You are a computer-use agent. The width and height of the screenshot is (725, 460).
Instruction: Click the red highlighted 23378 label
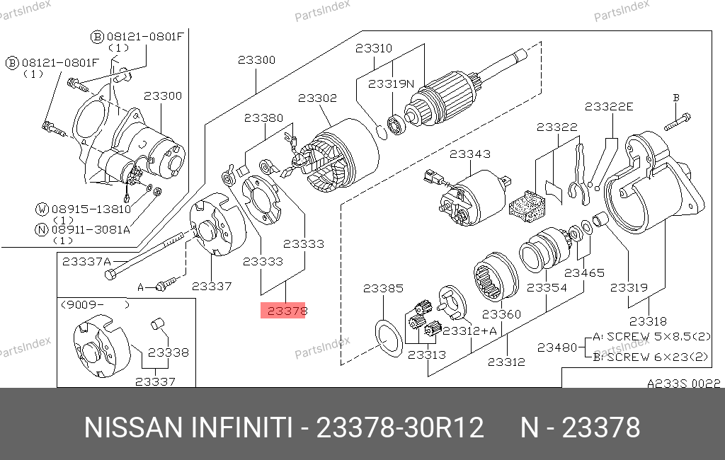point(283,310)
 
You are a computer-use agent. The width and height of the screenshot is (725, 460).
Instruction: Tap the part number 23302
point(317,98)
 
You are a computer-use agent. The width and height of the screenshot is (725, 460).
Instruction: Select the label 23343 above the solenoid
point(469,154)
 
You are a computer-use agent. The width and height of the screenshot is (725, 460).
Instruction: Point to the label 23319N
point(391,84)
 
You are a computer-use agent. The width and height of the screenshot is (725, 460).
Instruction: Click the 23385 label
point(383,289)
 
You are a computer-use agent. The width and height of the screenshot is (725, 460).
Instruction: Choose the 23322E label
point(609,106)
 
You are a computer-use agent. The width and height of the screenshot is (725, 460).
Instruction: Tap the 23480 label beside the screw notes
point(557,347)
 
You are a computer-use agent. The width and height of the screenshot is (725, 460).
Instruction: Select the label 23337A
point(86,261)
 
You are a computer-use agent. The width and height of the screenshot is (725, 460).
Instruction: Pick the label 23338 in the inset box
point(168,352)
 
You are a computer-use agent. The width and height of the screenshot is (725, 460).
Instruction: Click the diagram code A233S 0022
point(684,384)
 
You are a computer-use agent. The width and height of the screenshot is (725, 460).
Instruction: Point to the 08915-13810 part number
point(89,209)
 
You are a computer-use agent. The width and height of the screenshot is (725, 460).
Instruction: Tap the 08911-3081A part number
point(89,229)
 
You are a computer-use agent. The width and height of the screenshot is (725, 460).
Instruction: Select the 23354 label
point(547,288)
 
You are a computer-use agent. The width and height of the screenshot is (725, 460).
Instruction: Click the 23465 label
point(585,272)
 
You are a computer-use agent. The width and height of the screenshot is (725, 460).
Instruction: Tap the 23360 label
point(501,314)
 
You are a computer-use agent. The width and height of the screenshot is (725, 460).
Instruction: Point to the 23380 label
point(264,118)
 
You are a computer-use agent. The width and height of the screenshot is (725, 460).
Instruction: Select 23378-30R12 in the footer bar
point(400,428)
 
